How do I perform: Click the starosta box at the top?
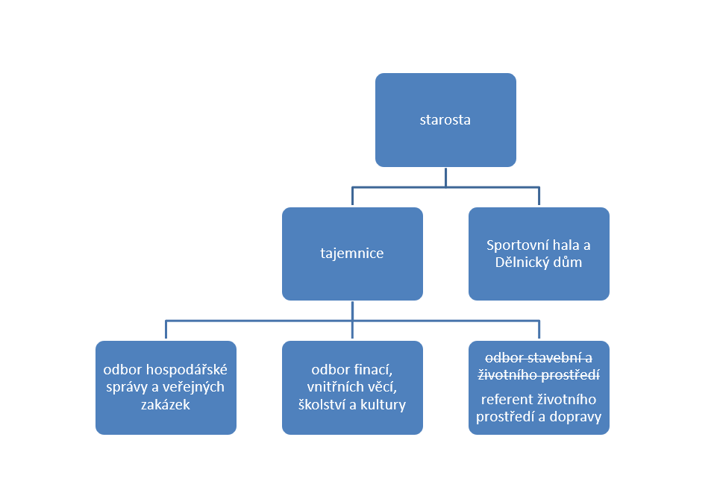[x=445, y=119]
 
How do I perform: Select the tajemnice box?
[x=352, y=254]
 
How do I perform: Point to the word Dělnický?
[x=524, y=263]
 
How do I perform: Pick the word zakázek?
[x=166, y=405]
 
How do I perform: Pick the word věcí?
[x=386, y=388]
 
